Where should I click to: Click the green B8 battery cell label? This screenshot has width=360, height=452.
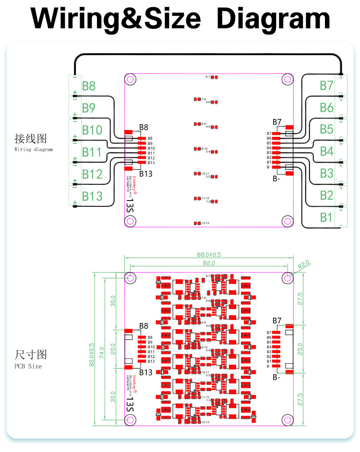89,86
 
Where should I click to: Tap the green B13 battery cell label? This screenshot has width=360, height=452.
92,196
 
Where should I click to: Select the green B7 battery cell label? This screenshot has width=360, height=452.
326,85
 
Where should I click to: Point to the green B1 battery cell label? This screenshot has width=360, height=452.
326,217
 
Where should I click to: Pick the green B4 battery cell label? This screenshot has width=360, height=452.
326,151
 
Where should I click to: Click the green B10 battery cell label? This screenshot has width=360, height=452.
92,130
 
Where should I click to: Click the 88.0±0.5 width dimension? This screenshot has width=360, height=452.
208,254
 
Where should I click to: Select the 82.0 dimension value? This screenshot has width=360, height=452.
208,263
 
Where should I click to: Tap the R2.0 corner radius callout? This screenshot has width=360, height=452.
304,264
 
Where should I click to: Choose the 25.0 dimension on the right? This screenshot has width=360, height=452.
300,346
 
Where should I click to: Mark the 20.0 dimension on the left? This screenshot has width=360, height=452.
113,349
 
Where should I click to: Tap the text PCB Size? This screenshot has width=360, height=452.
28,366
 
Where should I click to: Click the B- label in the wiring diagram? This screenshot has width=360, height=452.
276,179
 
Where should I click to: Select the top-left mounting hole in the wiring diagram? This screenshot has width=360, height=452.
131,80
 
